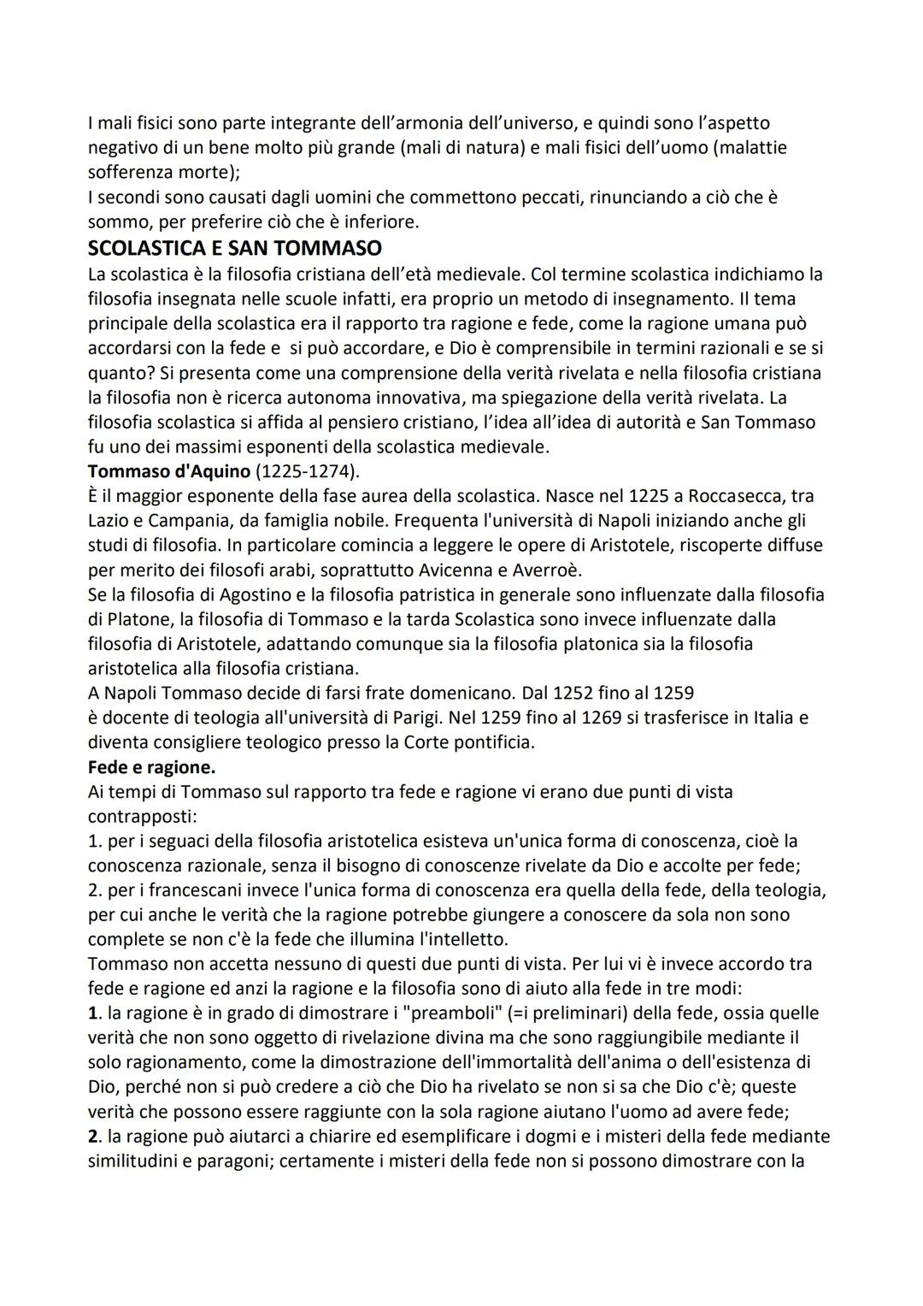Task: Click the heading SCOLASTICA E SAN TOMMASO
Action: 234,249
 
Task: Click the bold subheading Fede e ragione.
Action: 151,766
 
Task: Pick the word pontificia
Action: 491,742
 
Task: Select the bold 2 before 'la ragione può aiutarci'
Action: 93,1136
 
